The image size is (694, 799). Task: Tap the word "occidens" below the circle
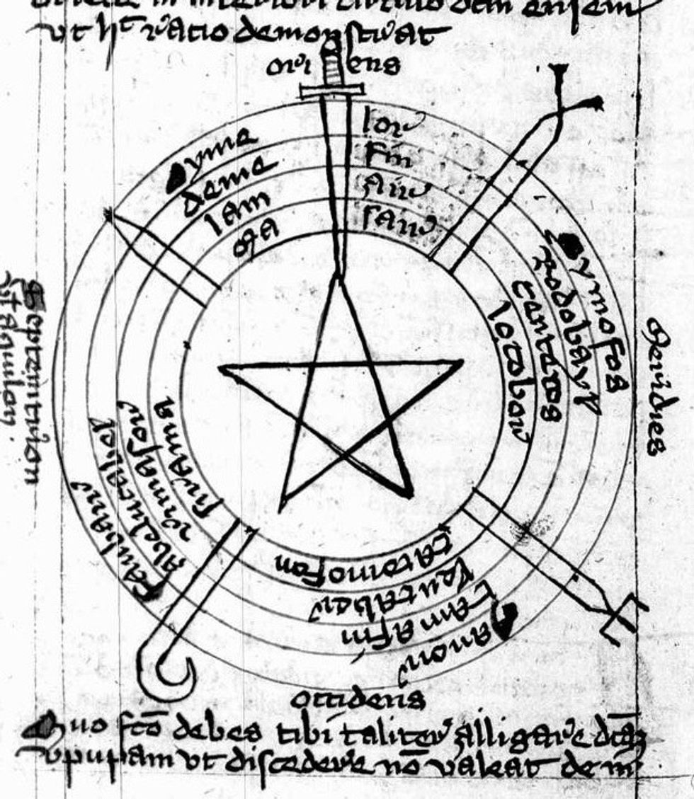point(358,699)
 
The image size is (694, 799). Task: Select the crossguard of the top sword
point(331,90)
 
